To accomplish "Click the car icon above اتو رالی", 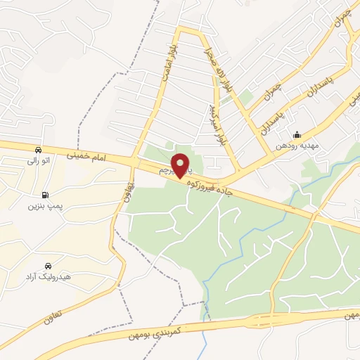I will coord(37,150).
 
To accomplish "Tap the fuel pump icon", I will coord(46,194).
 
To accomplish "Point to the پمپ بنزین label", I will coord(41,206).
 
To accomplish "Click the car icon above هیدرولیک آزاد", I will coord(47,266).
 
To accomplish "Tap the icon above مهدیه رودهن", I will coord(297,134).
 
